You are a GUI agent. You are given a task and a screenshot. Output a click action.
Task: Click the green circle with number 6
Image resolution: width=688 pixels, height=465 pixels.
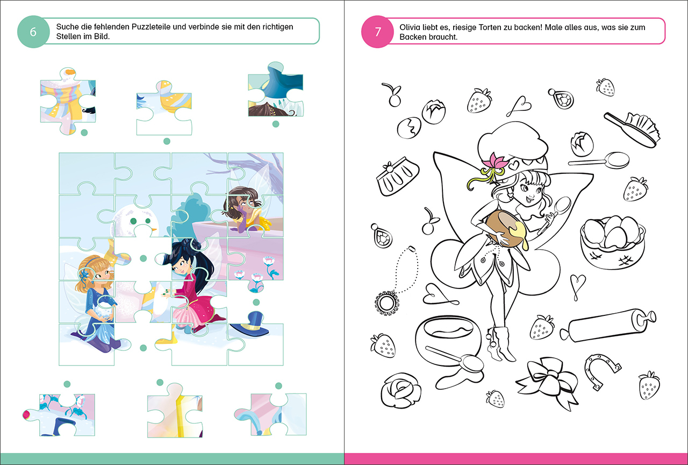click(x=33, y=32)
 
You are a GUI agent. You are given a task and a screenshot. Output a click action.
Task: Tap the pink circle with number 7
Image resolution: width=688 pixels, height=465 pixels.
click(x=377, y=32)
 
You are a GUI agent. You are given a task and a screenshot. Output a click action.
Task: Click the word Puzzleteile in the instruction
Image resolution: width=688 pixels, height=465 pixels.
click(x=151, y=27)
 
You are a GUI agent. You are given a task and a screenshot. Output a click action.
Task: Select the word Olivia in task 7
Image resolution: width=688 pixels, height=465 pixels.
click(x=410, y=27)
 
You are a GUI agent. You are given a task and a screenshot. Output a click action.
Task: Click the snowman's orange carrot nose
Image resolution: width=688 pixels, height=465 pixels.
click(x=153, y=229)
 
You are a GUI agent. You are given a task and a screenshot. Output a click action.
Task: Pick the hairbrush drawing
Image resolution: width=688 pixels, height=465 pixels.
click(x=632, y=130)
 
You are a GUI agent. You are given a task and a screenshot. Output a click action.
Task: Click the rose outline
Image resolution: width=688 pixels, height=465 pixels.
click(x=400, y=390)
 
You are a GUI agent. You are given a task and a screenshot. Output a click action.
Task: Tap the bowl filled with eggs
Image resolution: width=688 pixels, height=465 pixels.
click(x=612, y=242)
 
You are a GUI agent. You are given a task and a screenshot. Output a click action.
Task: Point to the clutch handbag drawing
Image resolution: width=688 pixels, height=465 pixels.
click(x=398, y=176)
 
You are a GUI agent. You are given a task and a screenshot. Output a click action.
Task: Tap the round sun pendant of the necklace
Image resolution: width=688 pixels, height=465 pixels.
click(x=386, y=303)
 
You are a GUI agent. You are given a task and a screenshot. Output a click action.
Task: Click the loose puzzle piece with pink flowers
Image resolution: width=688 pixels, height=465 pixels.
click(x=59, y=414)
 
